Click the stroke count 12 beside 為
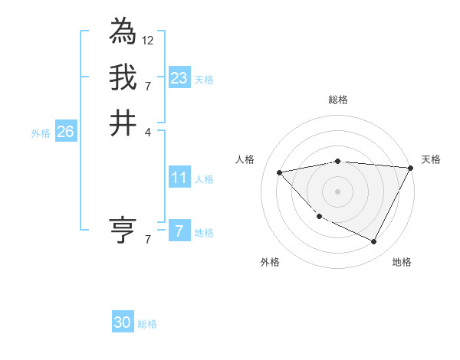[x=147, y=39]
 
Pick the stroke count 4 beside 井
[x=147, y=131]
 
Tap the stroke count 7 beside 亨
[x=147, y=239]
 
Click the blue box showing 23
[x=179, y=78]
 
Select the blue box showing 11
[x=179, y=178]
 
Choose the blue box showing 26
[x=66, y=132]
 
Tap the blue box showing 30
[x=123, y=322]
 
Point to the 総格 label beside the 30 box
[x=147, y=324]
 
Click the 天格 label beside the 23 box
[x=204, y=80]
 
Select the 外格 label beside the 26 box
[x=41, y=133]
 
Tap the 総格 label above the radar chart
[x=338, y=100]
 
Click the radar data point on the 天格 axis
[x=411, y=168]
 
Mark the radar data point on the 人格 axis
[x=280, y=172]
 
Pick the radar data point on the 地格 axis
[x=374, y=242]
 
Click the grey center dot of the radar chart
[x=338, y=191]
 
